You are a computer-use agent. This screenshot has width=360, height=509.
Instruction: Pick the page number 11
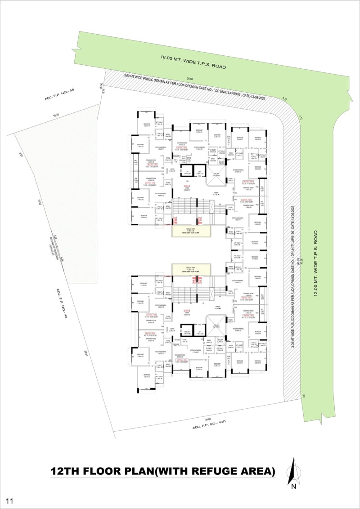point(10,500)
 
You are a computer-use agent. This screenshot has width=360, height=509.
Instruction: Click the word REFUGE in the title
point(220,471)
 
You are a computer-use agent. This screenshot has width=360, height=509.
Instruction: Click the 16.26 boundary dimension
point(56,115)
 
